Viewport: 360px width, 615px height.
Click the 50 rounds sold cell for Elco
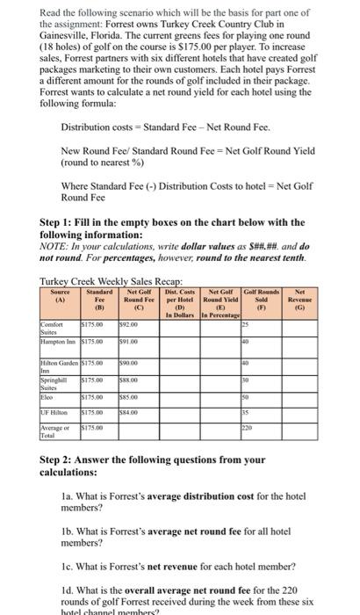[283, 397]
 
